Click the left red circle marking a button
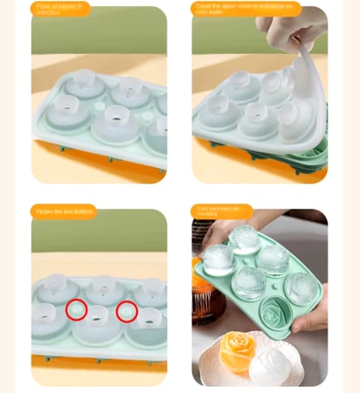point(77,310)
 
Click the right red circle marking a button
point(127,310)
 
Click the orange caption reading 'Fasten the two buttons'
point(63,211)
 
